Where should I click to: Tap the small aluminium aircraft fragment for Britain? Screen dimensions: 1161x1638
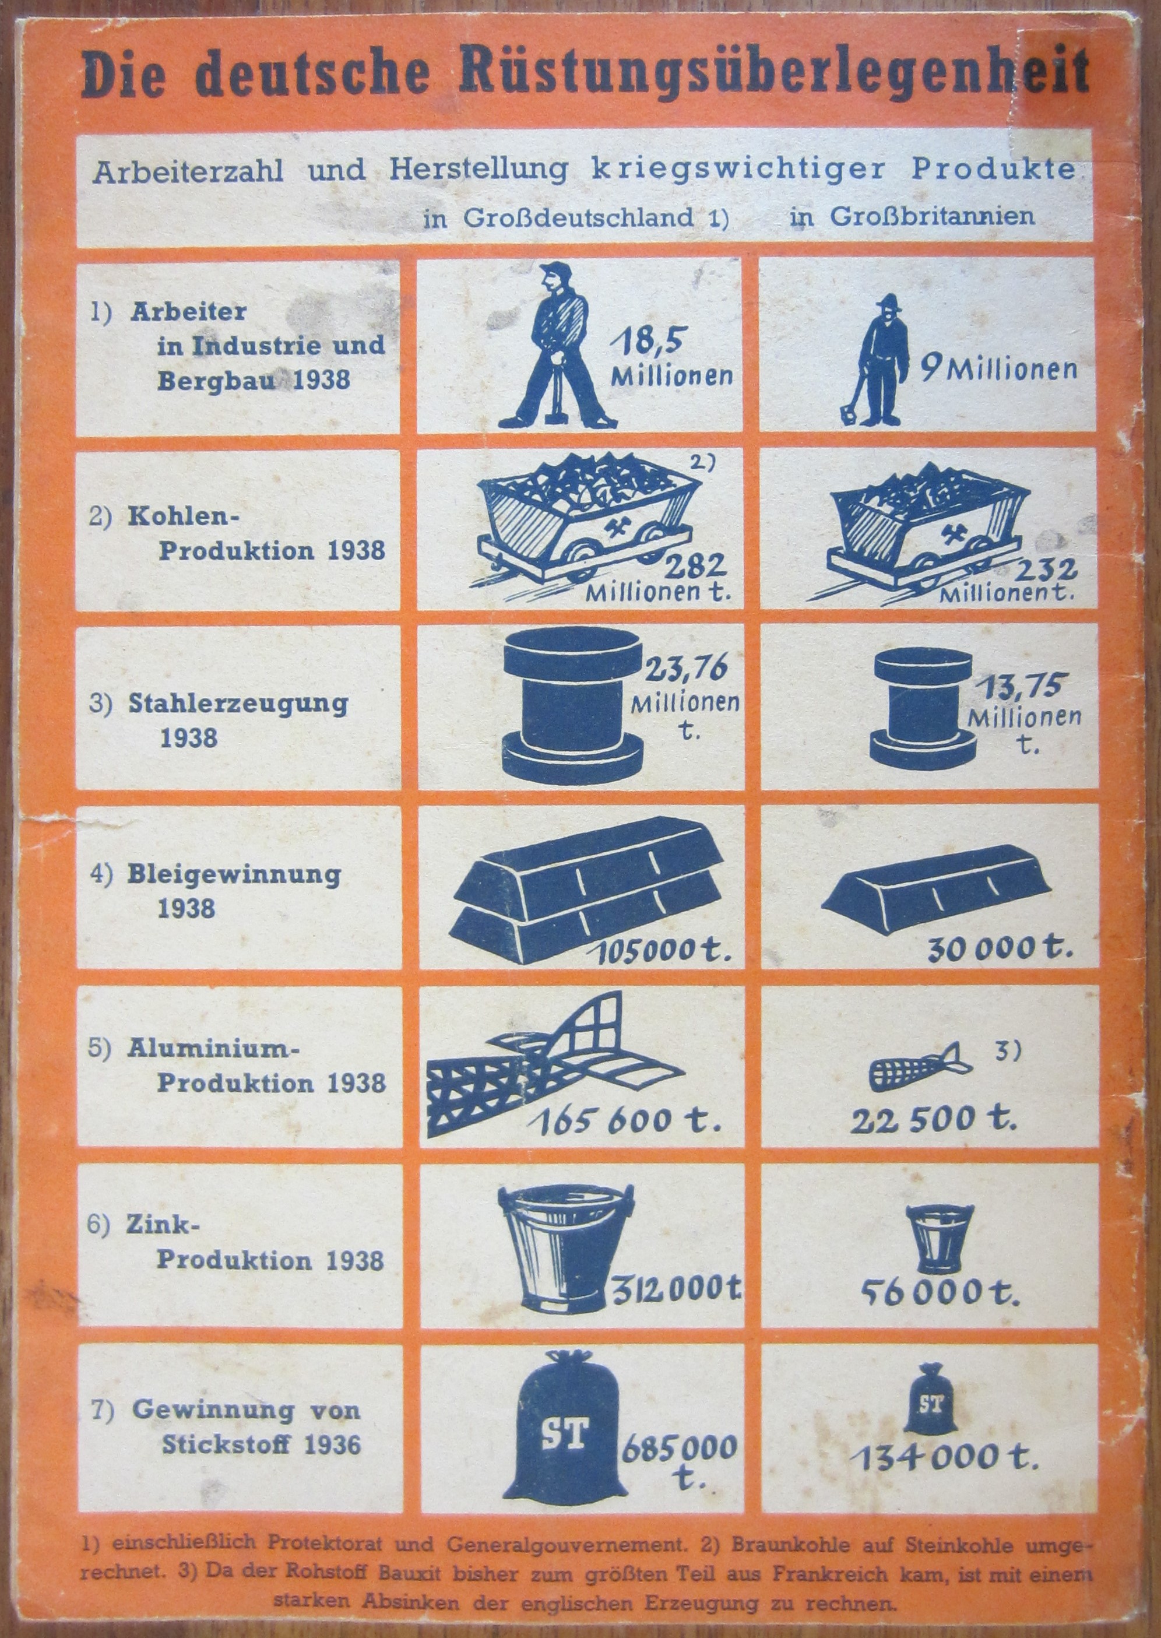919,1067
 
